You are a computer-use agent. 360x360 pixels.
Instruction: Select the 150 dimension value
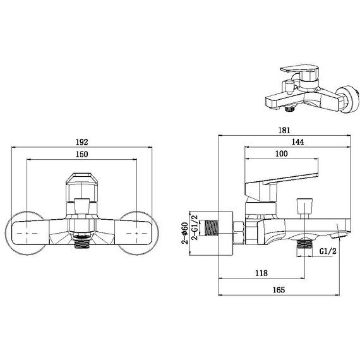(x=81, y=155)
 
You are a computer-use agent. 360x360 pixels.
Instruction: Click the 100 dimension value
(x=281, y=154)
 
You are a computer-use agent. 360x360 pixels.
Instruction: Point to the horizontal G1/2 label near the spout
(x=327, y=251)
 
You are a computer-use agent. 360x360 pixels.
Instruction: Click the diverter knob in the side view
(x=304, y=206)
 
